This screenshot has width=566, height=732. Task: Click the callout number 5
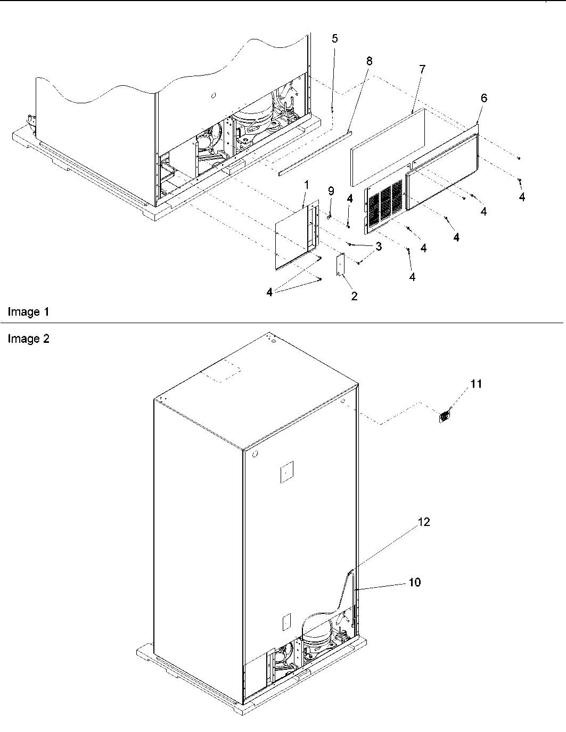(x=334, y=38)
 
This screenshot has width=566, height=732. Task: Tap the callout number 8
(x=369, y=61)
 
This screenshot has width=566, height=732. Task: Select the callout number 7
(x=422, y=69)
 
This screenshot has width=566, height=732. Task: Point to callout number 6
(x=483, y=98)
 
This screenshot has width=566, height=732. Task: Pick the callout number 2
(x=354, y=296)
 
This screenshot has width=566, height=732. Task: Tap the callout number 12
(x=423, y=522)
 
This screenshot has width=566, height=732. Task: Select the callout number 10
(x=414, y=582)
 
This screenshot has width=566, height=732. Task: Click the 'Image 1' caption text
(x=28, y=312)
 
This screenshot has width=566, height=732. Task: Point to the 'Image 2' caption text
(x=28, y=339)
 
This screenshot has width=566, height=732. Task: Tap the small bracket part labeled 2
(x=339, y=265)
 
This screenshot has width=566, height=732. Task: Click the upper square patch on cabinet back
(x=287, y=472)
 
